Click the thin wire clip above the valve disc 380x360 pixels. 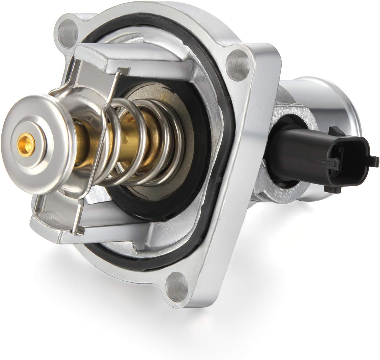tap(111, 83)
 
